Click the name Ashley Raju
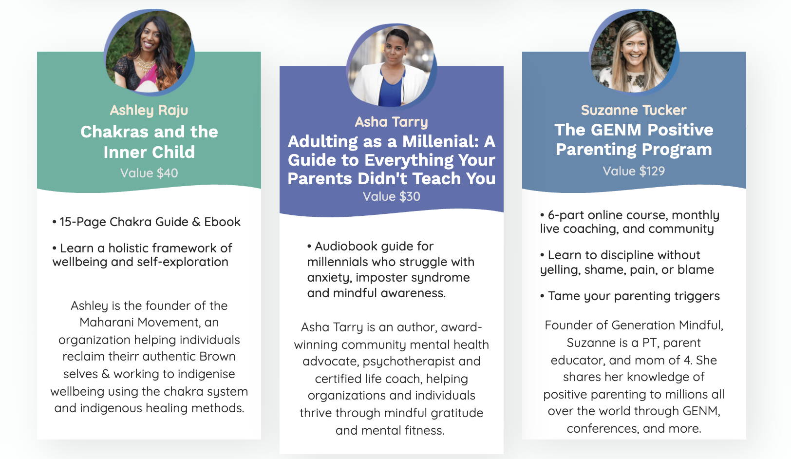(x=149, y=110)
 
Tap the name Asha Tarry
(x=391, y=122)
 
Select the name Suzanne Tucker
(x=634, y=110)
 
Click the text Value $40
(x=149, y=173)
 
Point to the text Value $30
(x=391, y=196)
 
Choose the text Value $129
(x=634, y=171)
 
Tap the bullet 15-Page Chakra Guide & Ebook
(x=147, y=222)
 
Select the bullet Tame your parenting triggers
(x=630, y=296)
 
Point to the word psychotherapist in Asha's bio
(x=408, y=362)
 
